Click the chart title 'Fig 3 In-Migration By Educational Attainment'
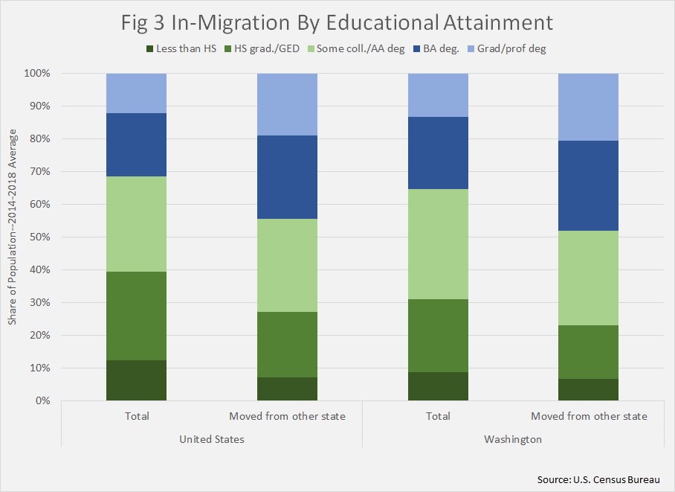[337, 22]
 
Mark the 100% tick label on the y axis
[36, 74]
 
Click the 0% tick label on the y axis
[40, 400]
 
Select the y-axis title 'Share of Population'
[13, 237]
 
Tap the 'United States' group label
[212, 439]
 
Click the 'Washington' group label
[513, 439]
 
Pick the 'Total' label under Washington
[438, 416]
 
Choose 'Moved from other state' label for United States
[287, 416]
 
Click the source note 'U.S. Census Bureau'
[598, 479]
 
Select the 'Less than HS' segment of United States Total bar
[136, 380]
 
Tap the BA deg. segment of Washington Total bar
[438, 153]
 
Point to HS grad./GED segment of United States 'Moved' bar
[287, 345]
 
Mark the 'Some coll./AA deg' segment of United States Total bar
[136, 224]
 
